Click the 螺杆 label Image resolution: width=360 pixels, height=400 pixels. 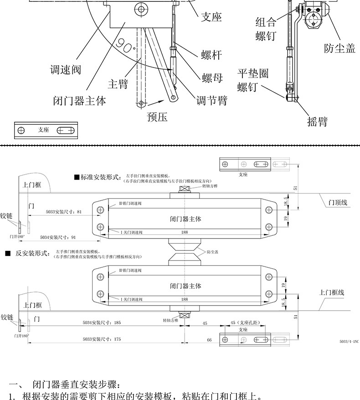coord(211,55)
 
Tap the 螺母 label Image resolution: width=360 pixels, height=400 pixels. coord(212,78)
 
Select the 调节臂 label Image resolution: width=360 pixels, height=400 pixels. coord(211,100)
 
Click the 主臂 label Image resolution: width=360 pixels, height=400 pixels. coord(118,84)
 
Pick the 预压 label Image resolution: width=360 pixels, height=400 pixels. coord(157,117)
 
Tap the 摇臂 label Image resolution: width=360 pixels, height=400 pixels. coord(317,121)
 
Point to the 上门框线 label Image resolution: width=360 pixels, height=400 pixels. coord(331,292)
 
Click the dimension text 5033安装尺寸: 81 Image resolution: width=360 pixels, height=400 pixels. coord(64,212)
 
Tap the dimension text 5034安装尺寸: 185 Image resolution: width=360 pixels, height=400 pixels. coord(102,322)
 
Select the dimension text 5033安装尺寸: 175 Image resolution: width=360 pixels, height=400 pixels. coord(102,339)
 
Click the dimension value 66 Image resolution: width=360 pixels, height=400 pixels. coord(209,340)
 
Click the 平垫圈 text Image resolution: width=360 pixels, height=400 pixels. coord(252,73)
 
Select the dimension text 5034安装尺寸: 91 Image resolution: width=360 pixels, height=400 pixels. coord(58,237)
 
